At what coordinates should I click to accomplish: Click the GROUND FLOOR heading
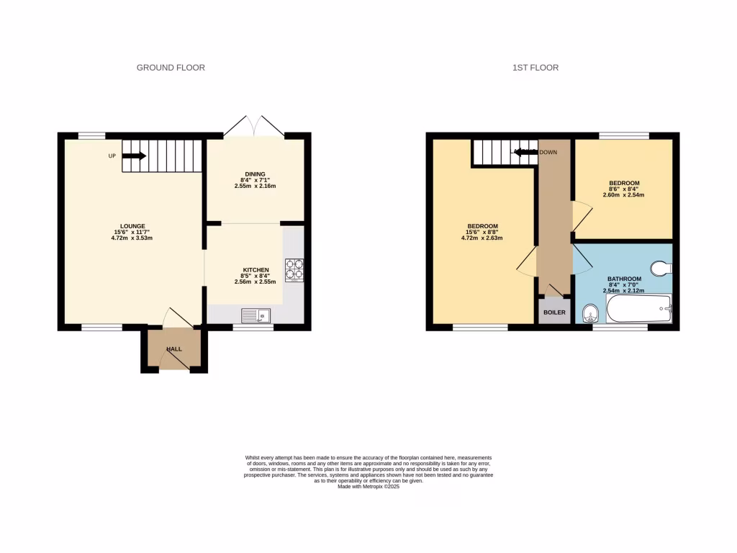pyautogui.click(x=171, y=68)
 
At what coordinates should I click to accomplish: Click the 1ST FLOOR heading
pyautogui.click(x=535, y=68)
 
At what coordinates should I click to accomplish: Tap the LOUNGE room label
pyautogui.click(x=132, y=226)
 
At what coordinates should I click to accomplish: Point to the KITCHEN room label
pyautogui.click(x=256, y=270)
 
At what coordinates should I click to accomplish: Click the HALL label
pyautogui.click(x=174, y=349)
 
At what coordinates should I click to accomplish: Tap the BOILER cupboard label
pyautogui.click(x=554, y=313)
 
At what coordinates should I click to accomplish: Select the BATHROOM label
pyautogui.click(x=624, y=279)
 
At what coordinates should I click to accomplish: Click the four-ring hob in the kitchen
pyautogui.click(x=294, y=269)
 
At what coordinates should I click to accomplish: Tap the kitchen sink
pyautogui.click(x=256, y=315)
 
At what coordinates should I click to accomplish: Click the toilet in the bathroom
pyautogui.click(x=660, y=269)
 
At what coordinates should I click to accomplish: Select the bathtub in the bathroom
pyautogui.click(x=638, y=310)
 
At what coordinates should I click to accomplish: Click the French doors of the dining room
pyautogui.click(x=253, y=125)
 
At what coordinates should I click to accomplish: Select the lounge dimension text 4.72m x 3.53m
pyautogui.click(x=132, y=238)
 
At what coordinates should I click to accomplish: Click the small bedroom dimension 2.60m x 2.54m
pyautogui.click(x=624, y=195)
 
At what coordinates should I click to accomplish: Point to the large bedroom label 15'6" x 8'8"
pyautogui.click(x=483, y=232)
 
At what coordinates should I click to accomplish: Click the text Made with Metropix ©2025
pyautogui.click(x=368, y=486)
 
